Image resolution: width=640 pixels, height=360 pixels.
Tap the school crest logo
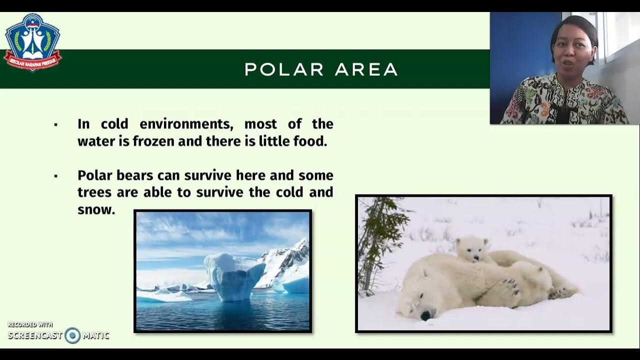point(32,42)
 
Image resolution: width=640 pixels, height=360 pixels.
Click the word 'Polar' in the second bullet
point(95,175)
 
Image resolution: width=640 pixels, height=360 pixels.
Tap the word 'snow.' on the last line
point(96,209)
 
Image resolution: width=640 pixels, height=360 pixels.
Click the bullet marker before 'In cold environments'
point(55,124)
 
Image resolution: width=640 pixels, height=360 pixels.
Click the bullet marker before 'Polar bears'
point(55,176)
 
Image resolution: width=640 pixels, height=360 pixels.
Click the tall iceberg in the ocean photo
point(234,276)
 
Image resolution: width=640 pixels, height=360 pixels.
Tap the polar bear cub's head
point(471,248)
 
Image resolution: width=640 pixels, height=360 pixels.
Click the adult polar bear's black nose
point(425,315)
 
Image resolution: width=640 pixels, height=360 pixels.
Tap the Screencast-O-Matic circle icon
point(72,335)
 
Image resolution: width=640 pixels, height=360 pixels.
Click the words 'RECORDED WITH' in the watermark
point(30,325)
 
